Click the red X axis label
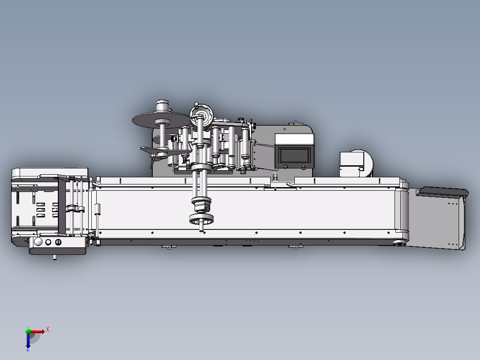[x=48, y=330]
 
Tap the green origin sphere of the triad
[x=28, y=331]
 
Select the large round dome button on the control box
[x=38, y=242]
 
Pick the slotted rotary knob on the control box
[x=58, y=242]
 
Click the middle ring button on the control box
[x=48, y=242]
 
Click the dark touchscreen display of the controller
[x=294, y=155]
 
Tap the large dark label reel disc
[x=162, y=120]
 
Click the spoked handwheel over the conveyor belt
[x=201, y=219]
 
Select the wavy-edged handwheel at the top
[x=201, y=115]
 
